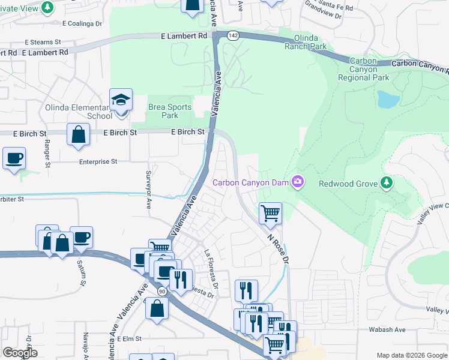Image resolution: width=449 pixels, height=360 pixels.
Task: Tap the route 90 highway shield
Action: (161, 291)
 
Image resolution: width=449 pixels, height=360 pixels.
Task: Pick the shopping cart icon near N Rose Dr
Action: (271, 212)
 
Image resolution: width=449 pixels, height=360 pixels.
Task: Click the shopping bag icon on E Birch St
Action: (79, 134)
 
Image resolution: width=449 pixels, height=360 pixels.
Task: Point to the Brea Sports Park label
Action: (170, 111)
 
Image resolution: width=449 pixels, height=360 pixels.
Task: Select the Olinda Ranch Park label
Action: (306, 41)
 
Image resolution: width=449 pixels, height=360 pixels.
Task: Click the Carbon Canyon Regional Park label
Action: (364, 69)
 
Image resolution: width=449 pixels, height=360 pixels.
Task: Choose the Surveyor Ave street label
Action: (149, 188)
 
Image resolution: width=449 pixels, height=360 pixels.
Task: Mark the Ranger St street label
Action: (47, 154)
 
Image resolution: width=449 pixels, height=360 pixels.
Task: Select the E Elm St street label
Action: (129, 338)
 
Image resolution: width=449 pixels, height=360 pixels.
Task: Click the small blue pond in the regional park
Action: (388, 99)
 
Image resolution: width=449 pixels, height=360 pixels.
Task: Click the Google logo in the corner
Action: (20, 353)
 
